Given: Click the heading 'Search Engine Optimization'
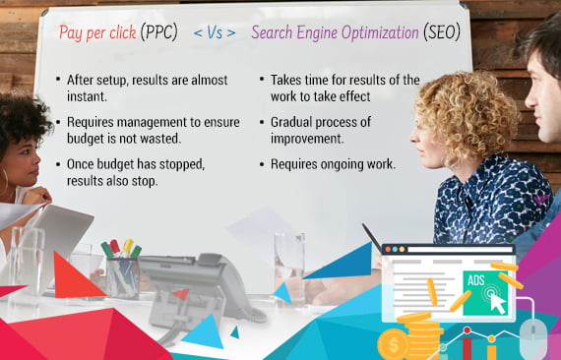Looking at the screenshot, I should [x=335, y=33].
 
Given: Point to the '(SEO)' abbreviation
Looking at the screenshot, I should [x=441, y=33].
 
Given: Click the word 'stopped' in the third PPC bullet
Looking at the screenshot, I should [x=175, y=165].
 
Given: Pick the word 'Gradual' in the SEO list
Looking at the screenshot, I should [x=295, y=121].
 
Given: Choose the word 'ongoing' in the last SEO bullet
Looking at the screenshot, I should [x=344, y=163].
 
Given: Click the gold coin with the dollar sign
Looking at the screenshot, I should [x=392, y=343].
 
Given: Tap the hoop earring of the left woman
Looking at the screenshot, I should [x=4, y=182].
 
